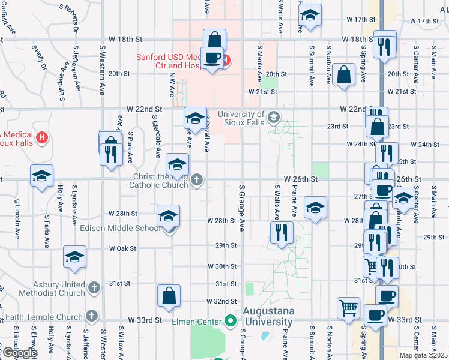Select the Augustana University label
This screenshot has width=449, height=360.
268,317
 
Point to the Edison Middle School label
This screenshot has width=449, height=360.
120,229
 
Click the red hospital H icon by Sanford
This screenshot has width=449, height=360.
225,59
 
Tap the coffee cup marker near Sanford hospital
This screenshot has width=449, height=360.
211,58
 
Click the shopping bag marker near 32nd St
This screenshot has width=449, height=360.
169,295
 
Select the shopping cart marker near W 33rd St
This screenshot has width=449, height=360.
348,308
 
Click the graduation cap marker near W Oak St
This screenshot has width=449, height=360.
75,257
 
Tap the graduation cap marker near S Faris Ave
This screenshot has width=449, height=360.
41,175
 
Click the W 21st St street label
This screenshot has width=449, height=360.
263,92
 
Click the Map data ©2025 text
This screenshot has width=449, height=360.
424,355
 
